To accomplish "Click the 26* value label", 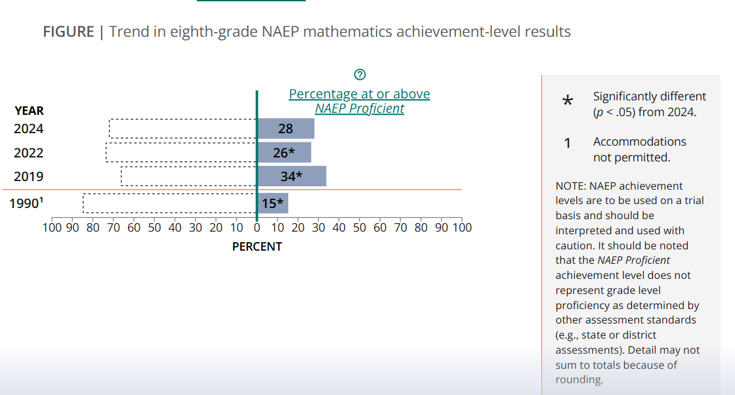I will click(283, 153).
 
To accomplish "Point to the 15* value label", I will click(272, 203).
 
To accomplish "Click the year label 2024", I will click(29, 129).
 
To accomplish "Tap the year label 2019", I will click(29, 177).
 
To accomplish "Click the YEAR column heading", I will click(30, 111).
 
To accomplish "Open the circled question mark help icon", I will click(359, 73).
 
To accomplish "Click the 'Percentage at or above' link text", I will click(360, 94).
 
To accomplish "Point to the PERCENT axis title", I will click(257, 247).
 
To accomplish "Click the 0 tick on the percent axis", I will click(257, 228).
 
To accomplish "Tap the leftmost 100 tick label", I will click(52, 228).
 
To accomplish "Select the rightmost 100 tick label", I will click(462, 228).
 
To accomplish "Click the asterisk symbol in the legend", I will click(568, 101).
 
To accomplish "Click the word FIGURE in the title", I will click(69, 31).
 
